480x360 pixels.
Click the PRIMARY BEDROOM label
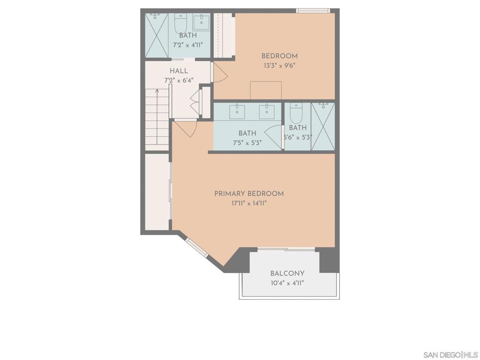coord(249,194)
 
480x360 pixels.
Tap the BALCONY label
coord(287,273)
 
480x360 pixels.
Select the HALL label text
coord(179,71)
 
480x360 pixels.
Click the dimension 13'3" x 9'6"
coord(279,66)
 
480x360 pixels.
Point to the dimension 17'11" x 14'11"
coord(249,203)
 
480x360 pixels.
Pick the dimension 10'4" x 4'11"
coord(287,283)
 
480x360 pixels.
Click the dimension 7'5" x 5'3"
coord(247,142)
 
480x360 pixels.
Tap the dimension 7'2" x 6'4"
coord(179,81)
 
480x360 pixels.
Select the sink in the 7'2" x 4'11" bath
coord(202,22)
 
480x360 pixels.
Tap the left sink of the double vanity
coord(237,112)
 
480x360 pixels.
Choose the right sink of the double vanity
coord(267,112)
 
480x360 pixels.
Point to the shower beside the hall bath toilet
coord(157,35)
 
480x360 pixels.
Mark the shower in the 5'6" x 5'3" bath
coord(323,127)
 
